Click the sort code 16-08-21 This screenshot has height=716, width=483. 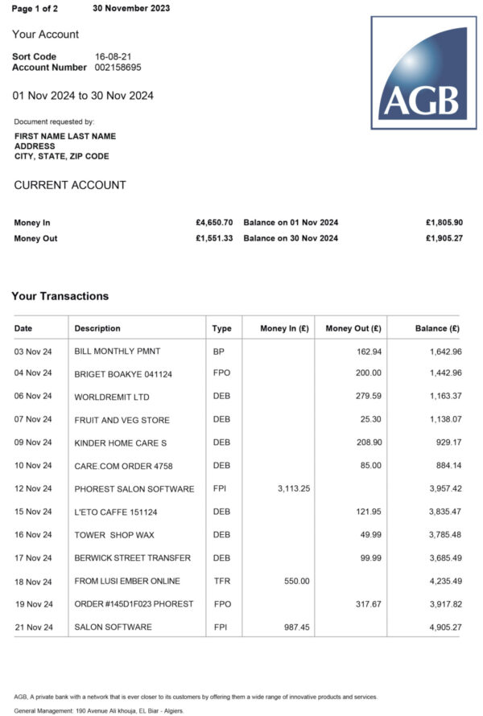[x=113, y=56]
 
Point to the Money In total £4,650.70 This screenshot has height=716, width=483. [x=214, y=222]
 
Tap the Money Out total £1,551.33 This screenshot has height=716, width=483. [x=214, y=238]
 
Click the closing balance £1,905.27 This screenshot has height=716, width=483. [x=444, y=238]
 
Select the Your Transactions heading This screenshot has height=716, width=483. [x=60, y=296]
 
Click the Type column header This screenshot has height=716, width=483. [x=221, y=328]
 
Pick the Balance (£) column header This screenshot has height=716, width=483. [x=437, y=328]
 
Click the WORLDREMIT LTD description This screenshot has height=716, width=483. [x=111, y=397]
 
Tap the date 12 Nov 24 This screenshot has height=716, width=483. [x=33, y=488]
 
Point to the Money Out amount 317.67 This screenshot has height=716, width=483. [x=365, y=604]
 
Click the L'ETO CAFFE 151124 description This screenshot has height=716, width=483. [x=117, y=512]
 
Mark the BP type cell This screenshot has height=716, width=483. [x=218, y=352]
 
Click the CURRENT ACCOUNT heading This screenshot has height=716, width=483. [x=70, y=185]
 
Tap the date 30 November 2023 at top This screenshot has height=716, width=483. [x=131, y=8]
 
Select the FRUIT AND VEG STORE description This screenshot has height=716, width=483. [x=122, y=420]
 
